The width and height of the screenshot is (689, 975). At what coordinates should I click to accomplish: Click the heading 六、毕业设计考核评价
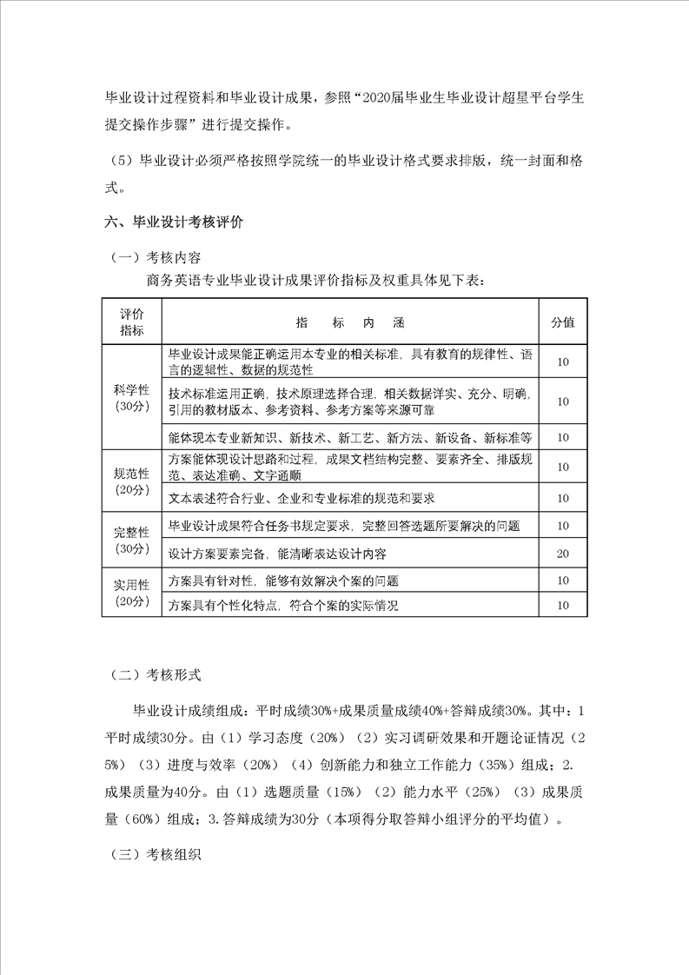[x=173, y=222]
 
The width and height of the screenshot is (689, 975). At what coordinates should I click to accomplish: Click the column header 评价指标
[x=132, y=322]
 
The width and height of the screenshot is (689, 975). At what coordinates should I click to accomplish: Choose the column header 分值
[x=563, y=322]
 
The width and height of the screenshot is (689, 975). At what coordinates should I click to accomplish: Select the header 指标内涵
[x=350, y=322]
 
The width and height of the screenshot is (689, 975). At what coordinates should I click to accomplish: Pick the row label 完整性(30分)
[x=132, y=540]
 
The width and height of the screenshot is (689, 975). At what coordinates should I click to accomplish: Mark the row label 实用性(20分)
[x=132, y=593]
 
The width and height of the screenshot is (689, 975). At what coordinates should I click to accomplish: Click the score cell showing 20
[x=563, y=554]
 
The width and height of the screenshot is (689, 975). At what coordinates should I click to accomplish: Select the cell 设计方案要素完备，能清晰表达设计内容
[x=277, y=554]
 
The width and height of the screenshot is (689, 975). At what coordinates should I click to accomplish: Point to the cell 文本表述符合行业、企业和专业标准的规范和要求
[x=301, y=498]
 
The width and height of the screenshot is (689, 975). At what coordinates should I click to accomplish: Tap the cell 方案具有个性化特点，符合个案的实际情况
[x=283, y=606]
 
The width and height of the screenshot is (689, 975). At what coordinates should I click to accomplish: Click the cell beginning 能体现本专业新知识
[x=350, y=436]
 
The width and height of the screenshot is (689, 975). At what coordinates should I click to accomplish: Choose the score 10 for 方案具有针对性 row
[x=563, y=580]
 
